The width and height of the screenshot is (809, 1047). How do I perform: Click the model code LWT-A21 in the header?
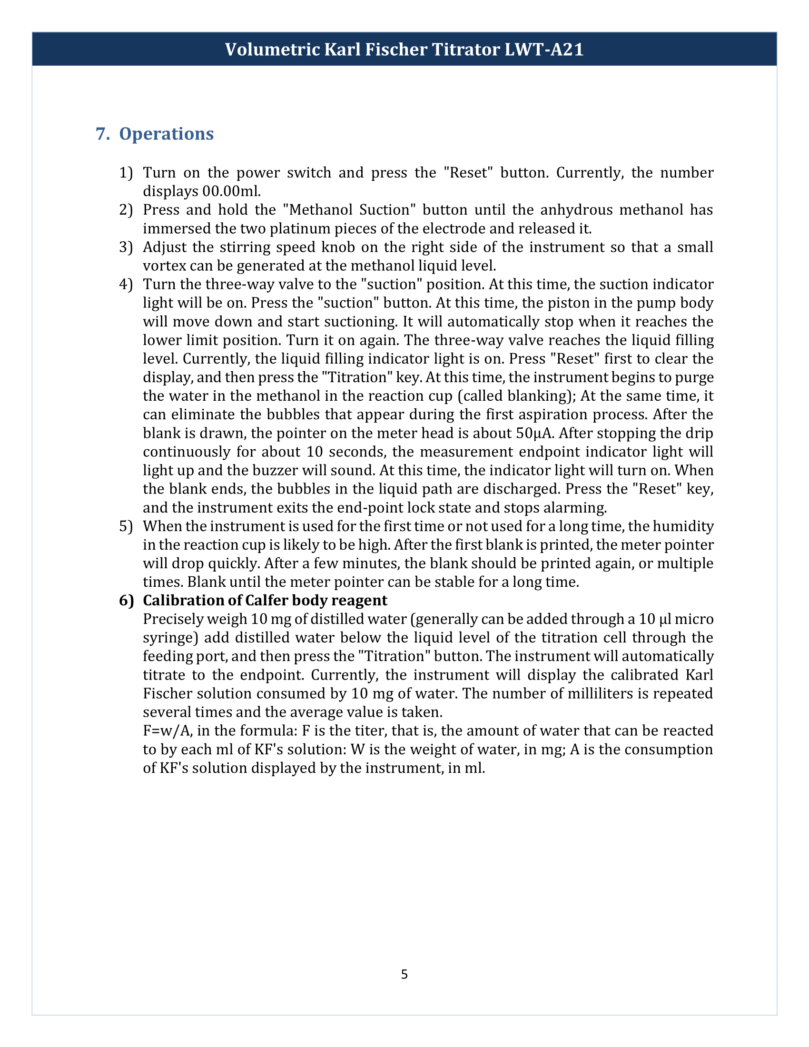tap(544, 49)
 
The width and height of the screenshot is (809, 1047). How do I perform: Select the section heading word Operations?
tap(166, 134)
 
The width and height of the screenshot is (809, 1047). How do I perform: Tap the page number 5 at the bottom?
tap(404, 974)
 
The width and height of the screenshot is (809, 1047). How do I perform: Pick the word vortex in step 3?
tap(164, 266)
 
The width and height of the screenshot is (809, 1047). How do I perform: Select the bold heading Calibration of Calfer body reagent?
tap(265, 601)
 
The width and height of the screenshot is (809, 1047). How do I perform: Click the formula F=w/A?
tap(168, 731)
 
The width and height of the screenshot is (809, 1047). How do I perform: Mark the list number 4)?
tap(126, 284)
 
